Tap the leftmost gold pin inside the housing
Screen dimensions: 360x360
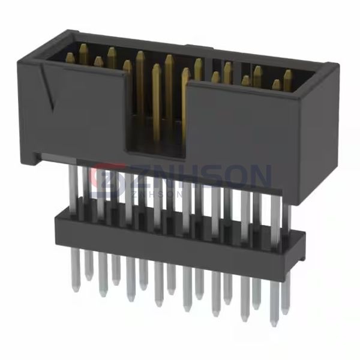tap(70, 58)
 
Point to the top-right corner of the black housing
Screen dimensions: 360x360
tap(328, 65)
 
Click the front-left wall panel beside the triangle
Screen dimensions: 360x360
tap(90, 111)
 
